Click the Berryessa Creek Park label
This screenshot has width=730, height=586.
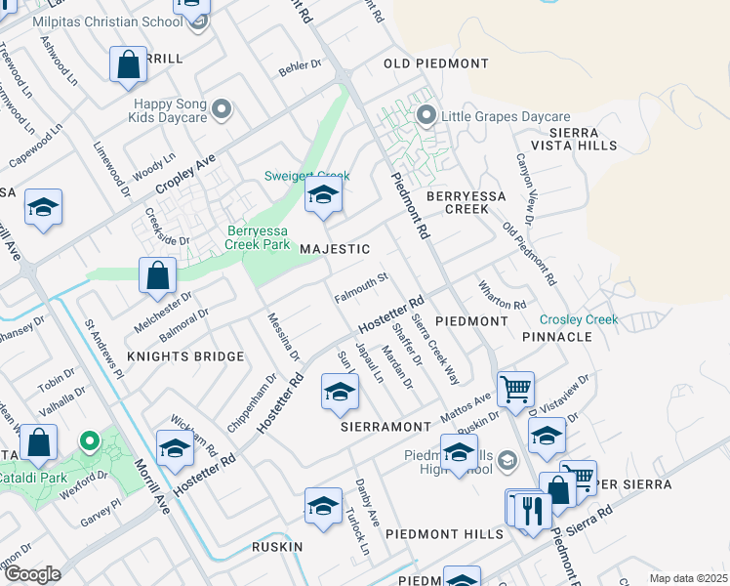coord(259,237)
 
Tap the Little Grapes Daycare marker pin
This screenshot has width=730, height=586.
coord(426,116)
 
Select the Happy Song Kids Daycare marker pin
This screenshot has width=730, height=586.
coord(223,108)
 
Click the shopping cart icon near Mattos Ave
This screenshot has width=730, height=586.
coord(514,388)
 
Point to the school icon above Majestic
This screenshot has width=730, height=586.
coord(323,195)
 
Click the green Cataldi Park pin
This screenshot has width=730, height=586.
coord(89,441)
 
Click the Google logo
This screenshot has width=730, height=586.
coord(32,573)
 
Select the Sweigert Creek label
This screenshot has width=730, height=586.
coord(306,177)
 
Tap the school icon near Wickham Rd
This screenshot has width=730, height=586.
coord(175,448)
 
